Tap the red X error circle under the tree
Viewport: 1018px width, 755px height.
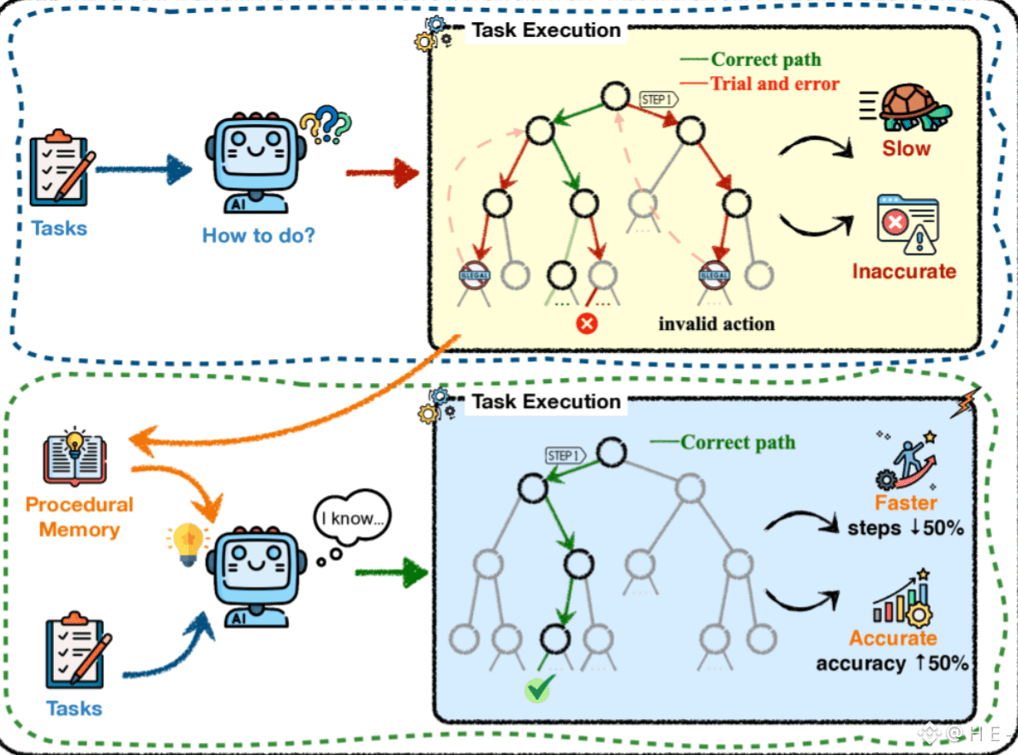point(587,324)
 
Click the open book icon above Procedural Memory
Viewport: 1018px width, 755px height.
point(75,456)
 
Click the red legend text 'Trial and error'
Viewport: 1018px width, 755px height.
point(774,83)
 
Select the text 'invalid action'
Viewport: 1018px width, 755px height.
point(716,324)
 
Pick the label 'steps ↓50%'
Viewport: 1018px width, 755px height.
point(906,527)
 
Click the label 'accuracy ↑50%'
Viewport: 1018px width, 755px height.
point(892,662)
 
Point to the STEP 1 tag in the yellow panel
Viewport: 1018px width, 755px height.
point(659,99)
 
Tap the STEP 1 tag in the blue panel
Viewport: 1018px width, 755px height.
point(566,455)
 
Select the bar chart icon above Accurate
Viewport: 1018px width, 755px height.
point(901,601)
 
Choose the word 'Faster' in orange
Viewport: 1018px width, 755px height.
point(906,502)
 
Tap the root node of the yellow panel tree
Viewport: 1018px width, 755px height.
point(614,96)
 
